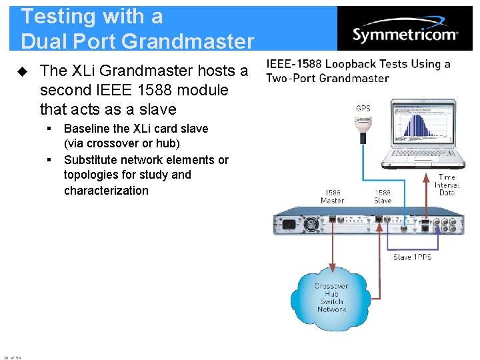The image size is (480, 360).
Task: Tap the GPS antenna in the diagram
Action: pyautogui.click(x=363, y=125)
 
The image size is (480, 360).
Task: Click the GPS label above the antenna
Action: pyautogui.click(x=363, y=108)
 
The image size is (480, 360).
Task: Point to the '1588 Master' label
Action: pyautogui.click(x=332, y=196)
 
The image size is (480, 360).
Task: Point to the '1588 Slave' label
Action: pyautogui.click(x=383, y=196)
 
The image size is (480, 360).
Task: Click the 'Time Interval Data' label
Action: pyautogui.click(x=447, y=185)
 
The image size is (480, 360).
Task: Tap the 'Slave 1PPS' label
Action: pyautogui.click(x=412, y=257)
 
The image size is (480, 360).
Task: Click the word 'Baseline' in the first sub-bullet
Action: pyautogui.click(x=87, y=129)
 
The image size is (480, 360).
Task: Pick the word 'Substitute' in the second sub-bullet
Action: pyautogui.click(x=91, y=160)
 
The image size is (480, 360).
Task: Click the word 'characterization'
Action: pyautogui.click(x=106, y=191)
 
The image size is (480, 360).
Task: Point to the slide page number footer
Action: pyautogui.click(x=12, y=357)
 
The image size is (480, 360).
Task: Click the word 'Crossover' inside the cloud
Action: pyautogui.click(x=331, y=286)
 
